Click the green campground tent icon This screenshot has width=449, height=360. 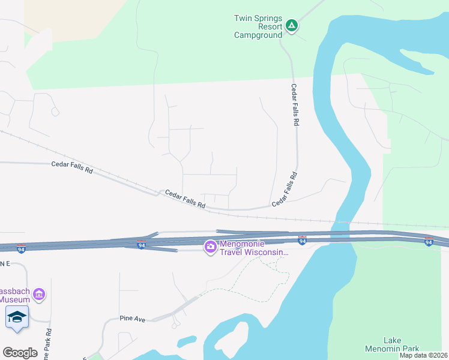click(x=291, y=26)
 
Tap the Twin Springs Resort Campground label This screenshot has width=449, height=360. click(x=258, y=26)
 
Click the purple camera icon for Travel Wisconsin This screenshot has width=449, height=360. click(x=210, y=247)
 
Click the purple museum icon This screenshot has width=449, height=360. click(x=40, y=294)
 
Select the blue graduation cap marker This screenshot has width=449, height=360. click(x=17, y=317)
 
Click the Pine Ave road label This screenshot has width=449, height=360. click(x=133, y=319)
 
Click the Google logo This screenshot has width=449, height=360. click(x=20, y=353)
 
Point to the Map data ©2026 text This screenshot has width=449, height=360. click(x=423, y=355)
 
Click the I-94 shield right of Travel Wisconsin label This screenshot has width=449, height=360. click(x=303, y=241)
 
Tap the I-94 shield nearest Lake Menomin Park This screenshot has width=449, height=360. click(x=428, y=242)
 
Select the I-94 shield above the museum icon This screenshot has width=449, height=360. click(x=21, y=248)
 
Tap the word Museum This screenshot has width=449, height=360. click(x=15, y=299)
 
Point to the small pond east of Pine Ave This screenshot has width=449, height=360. click(x=186, y=341)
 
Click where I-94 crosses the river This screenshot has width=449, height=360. click(x=336, y=238)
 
